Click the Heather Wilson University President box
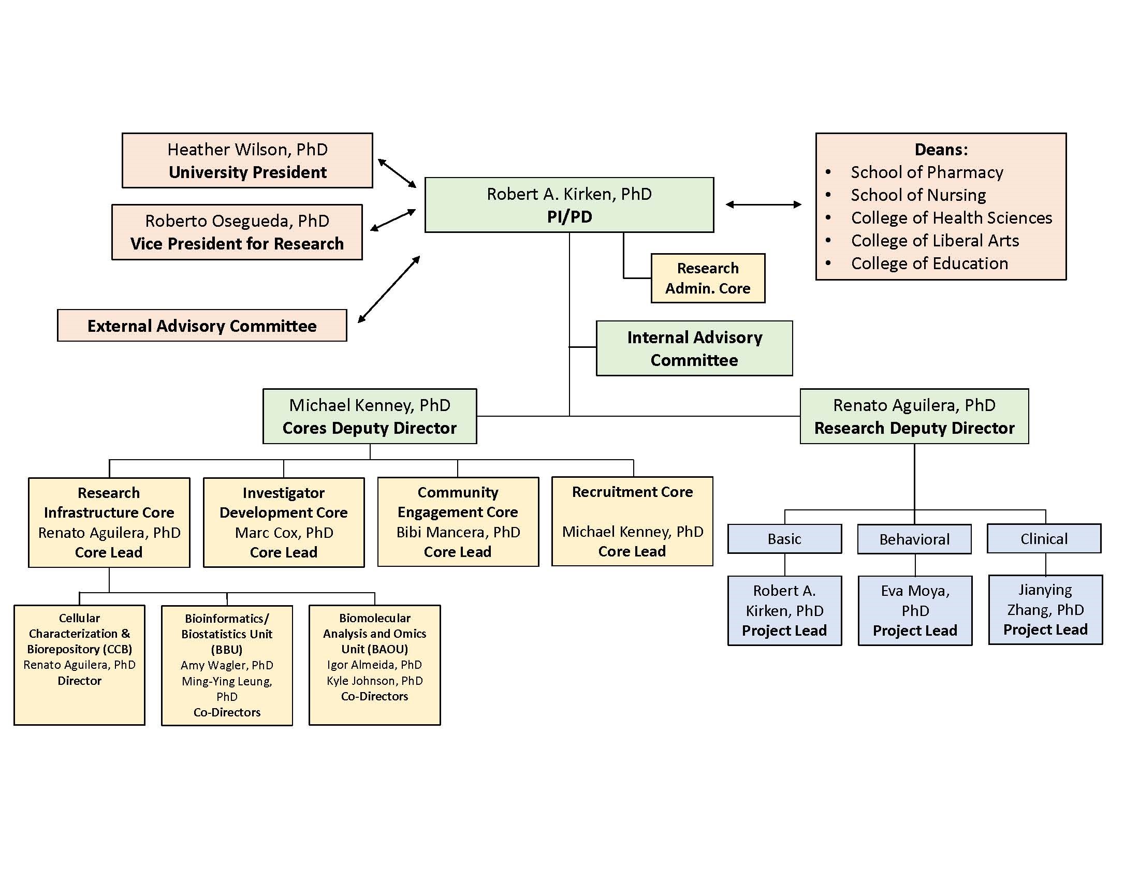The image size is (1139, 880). (247, 160)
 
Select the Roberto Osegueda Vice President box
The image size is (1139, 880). (237, 232)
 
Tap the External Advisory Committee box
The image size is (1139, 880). (202, 326)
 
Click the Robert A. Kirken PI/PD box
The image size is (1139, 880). (569, 205)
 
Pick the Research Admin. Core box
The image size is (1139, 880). (708, 278)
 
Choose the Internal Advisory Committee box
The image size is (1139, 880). (694, 348)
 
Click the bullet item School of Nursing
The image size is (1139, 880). (918, 195)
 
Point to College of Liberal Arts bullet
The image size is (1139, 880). (934, 240)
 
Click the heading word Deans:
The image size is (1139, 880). (941, 150)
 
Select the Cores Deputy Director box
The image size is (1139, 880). (369, 417)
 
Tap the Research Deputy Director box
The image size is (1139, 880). (914, 417)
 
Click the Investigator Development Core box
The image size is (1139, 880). (283, 522)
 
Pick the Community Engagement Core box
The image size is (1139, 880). (457, 521)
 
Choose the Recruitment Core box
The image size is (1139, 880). (632, 521)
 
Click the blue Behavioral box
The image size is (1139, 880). (914, 539)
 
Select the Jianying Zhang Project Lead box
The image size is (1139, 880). (1045, 610)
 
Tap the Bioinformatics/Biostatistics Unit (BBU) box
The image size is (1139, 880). (227, 665)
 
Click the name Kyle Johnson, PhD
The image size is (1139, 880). (374, 680)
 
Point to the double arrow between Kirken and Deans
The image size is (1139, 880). (764, 205)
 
